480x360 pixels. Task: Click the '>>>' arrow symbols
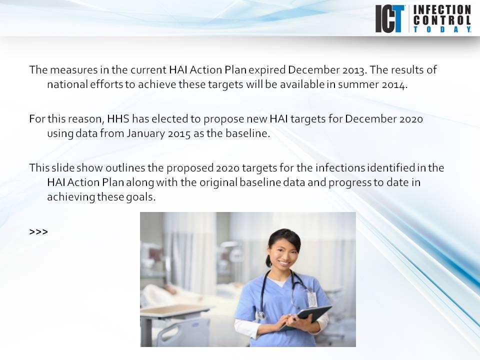click(x=38, y=232)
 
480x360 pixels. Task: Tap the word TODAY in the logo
click(x=442, y=29)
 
